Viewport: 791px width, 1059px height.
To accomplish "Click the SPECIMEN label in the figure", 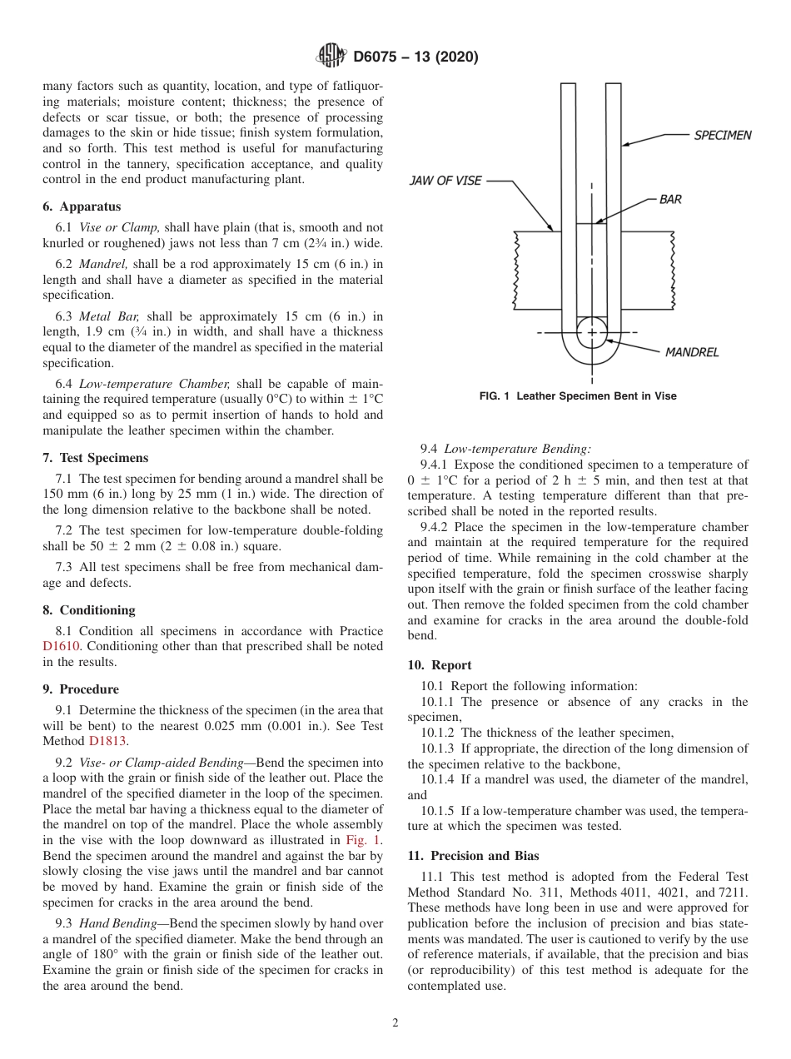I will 722,135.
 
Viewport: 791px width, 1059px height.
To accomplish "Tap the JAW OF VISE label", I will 445,181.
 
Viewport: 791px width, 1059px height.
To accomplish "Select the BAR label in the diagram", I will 670,200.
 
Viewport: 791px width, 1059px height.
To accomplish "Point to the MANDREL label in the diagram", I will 691,352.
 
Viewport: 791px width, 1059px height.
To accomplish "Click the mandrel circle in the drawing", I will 592,331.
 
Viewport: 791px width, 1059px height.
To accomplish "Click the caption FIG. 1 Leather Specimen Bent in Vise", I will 578,396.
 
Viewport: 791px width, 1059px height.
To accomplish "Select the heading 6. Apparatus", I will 82,206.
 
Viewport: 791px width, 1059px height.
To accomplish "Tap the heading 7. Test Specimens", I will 96,458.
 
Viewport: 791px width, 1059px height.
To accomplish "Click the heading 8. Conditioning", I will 88,609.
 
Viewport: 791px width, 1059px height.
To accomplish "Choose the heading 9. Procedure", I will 81,689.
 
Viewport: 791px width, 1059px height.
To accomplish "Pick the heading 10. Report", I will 440,665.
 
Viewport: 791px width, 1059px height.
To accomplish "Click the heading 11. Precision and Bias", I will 473,855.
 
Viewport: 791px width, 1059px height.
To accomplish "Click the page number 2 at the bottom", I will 395,1023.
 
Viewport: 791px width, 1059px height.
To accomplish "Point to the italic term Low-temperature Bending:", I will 518,448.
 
